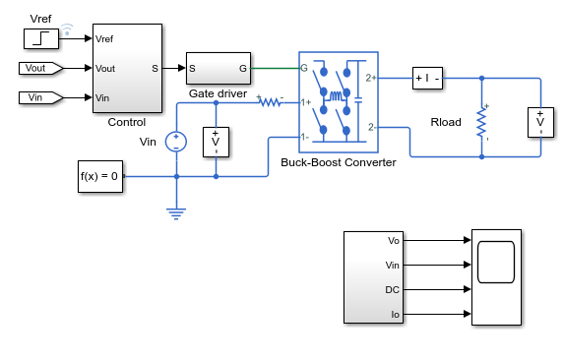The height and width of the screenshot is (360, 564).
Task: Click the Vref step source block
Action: click(x=41, y=38)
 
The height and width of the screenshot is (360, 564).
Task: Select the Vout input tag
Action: click(x=41, y=68)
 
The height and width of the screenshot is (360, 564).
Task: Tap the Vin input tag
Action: click(x=41, y=97)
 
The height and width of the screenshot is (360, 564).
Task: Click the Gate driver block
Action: click(x=219, y=68)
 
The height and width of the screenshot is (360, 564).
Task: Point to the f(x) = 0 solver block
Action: click(x=100, y=176)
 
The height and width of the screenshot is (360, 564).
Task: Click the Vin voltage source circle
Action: click(x=176, y=142)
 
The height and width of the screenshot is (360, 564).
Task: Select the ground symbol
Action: click(x=176, y=213)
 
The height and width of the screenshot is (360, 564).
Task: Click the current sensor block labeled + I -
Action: click(x=427, y=78)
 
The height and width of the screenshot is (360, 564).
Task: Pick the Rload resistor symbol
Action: click(x=481, y=123)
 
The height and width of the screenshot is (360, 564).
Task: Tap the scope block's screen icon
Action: click(x=496, y=262)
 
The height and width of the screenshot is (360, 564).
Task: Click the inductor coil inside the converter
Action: click(x=336, y=96)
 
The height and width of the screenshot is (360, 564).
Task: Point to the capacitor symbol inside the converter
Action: click(x=358, y=99)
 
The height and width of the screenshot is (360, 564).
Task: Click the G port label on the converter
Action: click(x=304, y=68)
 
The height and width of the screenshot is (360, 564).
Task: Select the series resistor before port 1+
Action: click(x=270, y=102)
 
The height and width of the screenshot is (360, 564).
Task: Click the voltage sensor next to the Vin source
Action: click(x=216, y=142)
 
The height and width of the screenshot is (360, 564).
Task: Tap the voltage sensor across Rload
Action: click(x=540, y=122)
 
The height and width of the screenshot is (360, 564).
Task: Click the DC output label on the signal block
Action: click(x=392, y=289)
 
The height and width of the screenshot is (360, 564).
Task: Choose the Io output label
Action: click(x=395, y=315)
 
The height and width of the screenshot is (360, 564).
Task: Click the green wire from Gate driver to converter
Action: click(x=276, y=68)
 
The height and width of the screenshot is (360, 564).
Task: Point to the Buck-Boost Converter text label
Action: click(x=339, y=162)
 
